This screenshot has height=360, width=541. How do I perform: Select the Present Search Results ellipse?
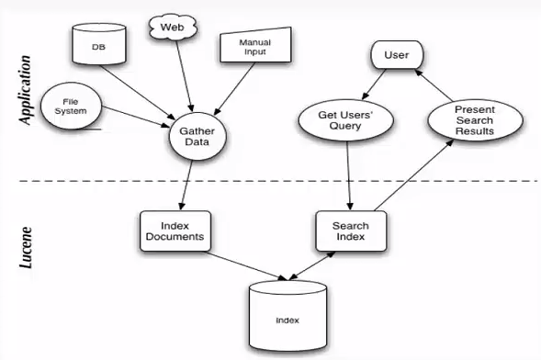(x=474, y=120)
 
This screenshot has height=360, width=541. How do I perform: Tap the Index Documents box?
(x=175, y=232)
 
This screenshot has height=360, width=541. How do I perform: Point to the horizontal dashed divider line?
(x=276, y=181)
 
